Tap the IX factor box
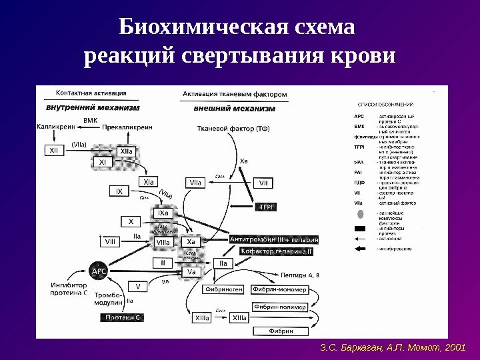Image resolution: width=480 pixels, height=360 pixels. tap(119, 192)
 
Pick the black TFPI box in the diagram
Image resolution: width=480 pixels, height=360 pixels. tap(267, 207)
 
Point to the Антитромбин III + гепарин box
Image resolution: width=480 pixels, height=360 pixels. tap(274, 239)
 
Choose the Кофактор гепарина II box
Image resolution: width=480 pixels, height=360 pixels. tap(277, 252)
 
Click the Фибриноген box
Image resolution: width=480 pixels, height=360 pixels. tap(224, 289)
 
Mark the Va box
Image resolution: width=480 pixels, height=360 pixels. tap(191, 271)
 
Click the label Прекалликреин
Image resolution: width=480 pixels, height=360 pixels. tap(129, 125)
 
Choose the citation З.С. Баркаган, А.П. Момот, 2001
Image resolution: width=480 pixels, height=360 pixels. tap(392, 348)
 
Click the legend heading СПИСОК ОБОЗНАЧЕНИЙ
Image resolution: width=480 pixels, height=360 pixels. tap(386, 105)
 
